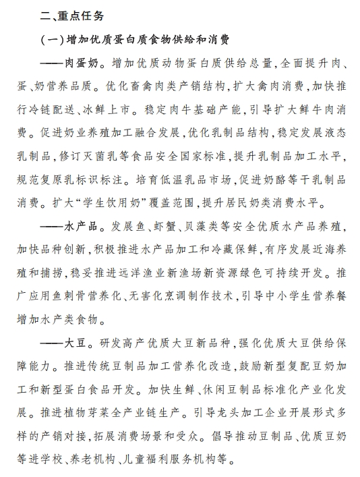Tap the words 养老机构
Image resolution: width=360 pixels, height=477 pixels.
coord(96,461)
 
